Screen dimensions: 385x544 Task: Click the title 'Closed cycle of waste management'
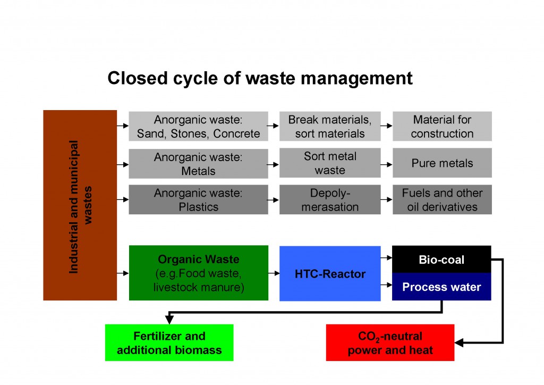[260, 78]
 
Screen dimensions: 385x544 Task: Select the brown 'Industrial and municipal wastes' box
[80, 205]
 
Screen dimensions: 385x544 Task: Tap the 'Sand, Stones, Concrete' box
[198, 126]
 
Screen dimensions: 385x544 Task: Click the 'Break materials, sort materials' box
[330, 126]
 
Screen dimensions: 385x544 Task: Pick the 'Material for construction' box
[442, 126]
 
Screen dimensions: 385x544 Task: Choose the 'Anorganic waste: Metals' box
[198, 164]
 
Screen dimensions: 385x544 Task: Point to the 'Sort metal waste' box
[330, 163]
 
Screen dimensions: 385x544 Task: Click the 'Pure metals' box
[442, 163]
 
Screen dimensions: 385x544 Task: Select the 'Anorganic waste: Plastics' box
[198, 199]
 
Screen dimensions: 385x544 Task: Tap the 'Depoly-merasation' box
[330, 199]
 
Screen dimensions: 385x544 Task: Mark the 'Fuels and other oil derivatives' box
[442, 199]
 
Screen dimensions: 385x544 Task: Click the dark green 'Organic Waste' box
[198, 273]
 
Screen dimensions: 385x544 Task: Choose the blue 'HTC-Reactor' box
[330, 273]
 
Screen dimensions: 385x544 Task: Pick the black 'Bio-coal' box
[441, 260]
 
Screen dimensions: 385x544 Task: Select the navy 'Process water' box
[441, 287]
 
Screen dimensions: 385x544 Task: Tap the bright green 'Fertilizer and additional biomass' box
[169, 342]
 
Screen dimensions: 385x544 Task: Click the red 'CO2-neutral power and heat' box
[390, 342]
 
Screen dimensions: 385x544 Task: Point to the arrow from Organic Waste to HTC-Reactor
[274, 273]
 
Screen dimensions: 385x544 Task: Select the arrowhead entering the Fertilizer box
[169, 320]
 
